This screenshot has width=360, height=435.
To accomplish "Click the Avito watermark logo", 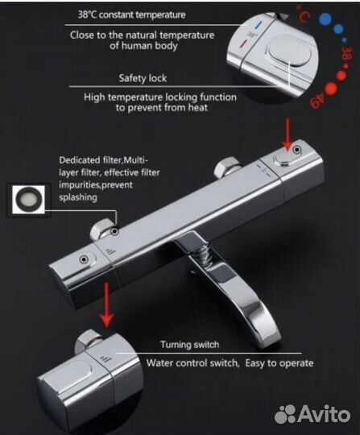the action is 312,414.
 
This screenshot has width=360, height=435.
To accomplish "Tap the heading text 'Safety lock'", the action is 143,78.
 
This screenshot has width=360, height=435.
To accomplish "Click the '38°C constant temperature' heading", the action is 131,14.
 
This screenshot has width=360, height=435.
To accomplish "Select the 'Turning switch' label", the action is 190,345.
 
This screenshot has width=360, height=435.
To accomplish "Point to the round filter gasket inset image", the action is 28,200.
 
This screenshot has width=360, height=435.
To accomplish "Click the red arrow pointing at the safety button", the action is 288,135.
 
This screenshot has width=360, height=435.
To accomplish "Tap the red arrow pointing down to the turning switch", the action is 106,305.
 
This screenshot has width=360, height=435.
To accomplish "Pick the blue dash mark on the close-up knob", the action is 258,26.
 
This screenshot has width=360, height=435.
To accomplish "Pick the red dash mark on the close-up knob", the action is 243,43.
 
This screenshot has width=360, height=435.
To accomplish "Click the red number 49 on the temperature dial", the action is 318,101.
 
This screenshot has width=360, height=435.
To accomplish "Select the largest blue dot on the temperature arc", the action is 325,19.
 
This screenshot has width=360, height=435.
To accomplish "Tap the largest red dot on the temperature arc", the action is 331,89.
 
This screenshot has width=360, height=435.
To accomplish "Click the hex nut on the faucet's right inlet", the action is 228,167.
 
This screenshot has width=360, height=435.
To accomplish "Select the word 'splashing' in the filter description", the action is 78,197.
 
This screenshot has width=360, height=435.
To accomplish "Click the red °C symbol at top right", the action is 304,14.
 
